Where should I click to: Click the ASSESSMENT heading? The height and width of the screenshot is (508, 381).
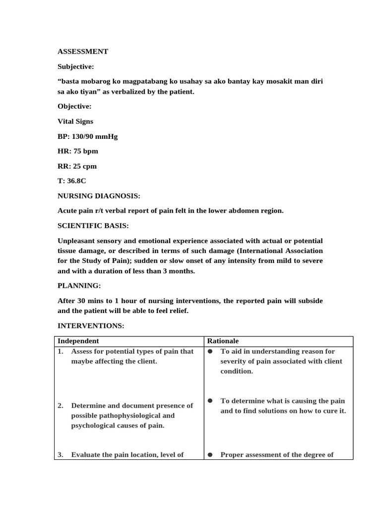83,51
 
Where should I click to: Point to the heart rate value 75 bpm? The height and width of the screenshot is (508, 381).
85,151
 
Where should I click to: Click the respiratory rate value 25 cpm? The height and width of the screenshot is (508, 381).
85,166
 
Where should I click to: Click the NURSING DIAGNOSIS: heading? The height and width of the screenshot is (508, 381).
99,196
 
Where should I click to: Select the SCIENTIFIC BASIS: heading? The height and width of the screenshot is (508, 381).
93,226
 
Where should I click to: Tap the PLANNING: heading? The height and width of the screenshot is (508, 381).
79,286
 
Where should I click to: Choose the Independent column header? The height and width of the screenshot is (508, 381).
78,341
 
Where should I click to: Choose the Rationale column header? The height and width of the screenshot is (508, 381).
223,341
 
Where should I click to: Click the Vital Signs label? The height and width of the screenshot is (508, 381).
75,121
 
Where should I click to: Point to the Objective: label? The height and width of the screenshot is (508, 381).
74,106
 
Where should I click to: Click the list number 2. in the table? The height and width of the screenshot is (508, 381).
61,406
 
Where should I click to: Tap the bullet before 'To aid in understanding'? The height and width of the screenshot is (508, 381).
210,351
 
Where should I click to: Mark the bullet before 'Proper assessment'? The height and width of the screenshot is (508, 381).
210,454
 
